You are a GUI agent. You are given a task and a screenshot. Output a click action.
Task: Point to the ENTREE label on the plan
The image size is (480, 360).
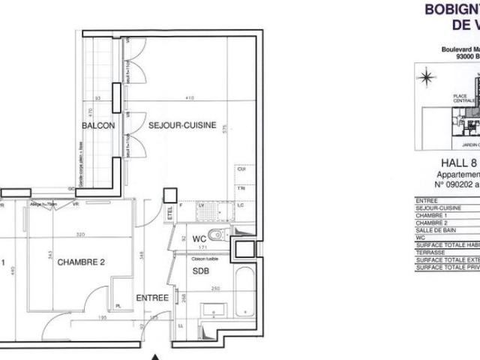(x=151, y=298)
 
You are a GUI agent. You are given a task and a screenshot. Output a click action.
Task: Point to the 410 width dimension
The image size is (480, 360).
(x=191, y=98)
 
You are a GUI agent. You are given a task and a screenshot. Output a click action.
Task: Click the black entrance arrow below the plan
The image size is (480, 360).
(x=155, y=356)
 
